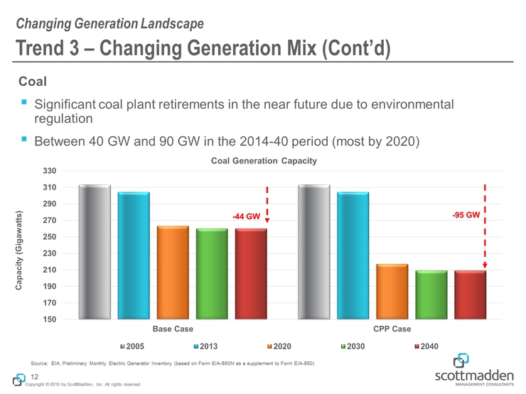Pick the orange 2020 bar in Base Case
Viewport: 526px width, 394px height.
(173, 273)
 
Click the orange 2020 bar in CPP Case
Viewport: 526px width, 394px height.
(392, 292)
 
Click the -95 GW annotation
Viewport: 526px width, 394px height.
(466, 214)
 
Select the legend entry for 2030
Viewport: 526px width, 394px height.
(355, 346)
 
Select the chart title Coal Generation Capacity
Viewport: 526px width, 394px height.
(264, 161)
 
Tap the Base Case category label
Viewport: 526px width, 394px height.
(173, 330)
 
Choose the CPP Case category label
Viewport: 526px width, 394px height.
(392, 330)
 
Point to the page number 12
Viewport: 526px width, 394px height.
(33, 376)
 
